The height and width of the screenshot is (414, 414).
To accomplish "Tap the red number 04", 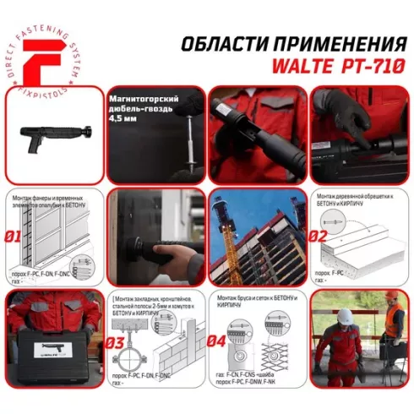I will click(218, 342).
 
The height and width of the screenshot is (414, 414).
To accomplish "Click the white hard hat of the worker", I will click(345, 316).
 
